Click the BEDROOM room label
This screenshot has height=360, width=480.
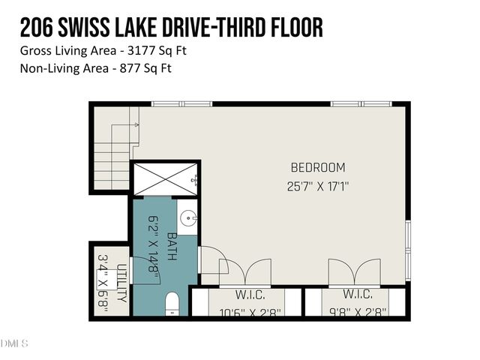coord(318,167)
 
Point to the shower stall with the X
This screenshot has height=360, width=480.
coord(165,179)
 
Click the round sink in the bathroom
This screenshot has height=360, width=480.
coord(188,219)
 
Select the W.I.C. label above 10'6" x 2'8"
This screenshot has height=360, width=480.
coord(247,294)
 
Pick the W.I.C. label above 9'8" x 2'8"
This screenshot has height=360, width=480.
coord(358,294)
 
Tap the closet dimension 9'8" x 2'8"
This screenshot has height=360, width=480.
coord(358,312)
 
